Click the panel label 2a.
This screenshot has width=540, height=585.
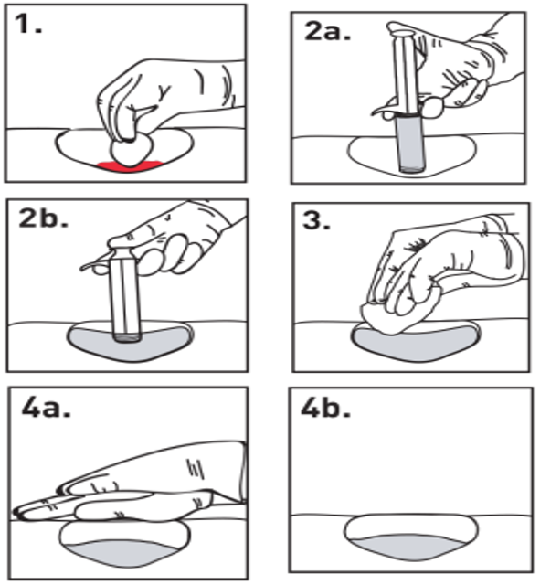328,30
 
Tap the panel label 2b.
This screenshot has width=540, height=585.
43,218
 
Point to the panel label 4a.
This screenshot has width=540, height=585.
46,407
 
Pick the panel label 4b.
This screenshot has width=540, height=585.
325,409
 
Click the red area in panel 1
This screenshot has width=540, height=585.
130,166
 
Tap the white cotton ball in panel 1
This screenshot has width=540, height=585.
131,148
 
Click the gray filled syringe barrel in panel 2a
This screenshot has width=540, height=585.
411,144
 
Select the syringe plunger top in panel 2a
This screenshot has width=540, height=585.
401,35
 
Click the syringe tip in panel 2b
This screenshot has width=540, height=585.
127,338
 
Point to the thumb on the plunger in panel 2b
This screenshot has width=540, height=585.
123,241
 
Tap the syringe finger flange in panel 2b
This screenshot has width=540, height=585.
95,263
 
